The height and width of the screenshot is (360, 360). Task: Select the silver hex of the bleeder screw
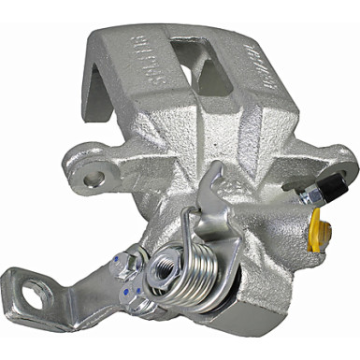pos(297,194)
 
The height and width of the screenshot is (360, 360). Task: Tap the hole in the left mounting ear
pos(91,174)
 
